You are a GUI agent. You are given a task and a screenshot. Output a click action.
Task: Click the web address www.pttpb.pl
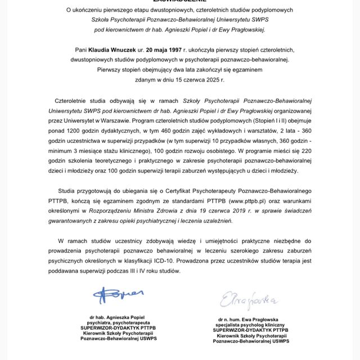coord(241,200)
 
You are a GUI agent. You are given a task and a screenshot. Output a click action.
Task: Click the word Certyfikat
coord(169,190)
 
